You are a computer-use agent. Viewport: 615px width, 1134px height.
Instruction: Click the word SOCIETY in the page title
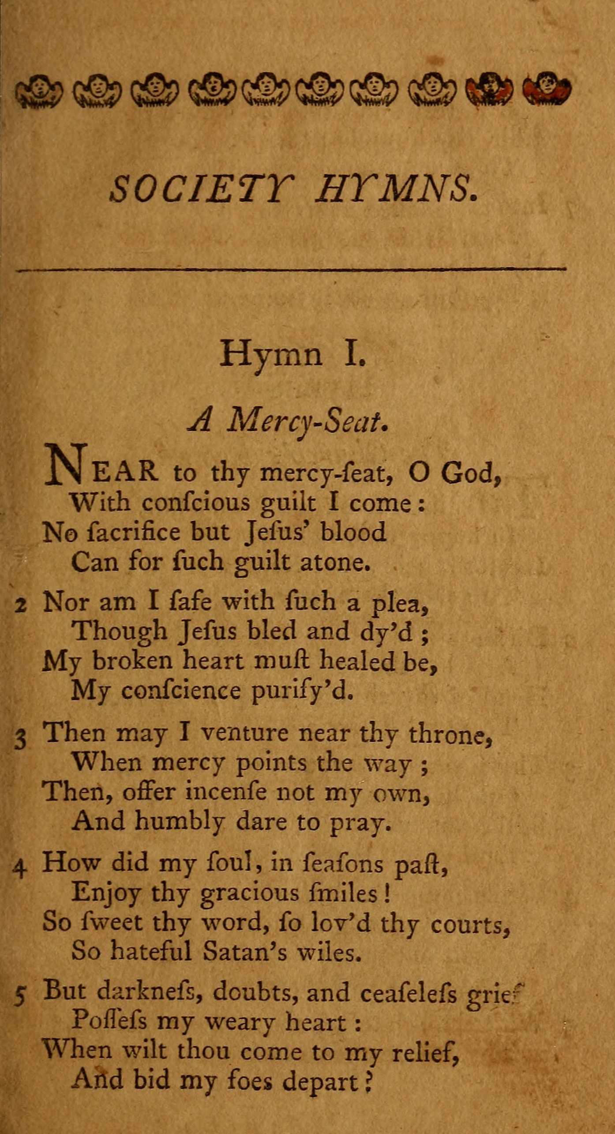[201, 189]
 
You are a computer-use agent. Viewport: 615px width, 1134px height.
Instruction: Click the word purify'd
[302, 691]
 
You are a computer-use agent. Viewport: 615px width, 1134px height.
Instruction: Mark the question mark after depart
[367, 1081]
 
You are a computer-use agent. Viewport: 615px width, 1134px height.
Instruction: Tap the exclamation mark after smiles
[387, 894]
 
